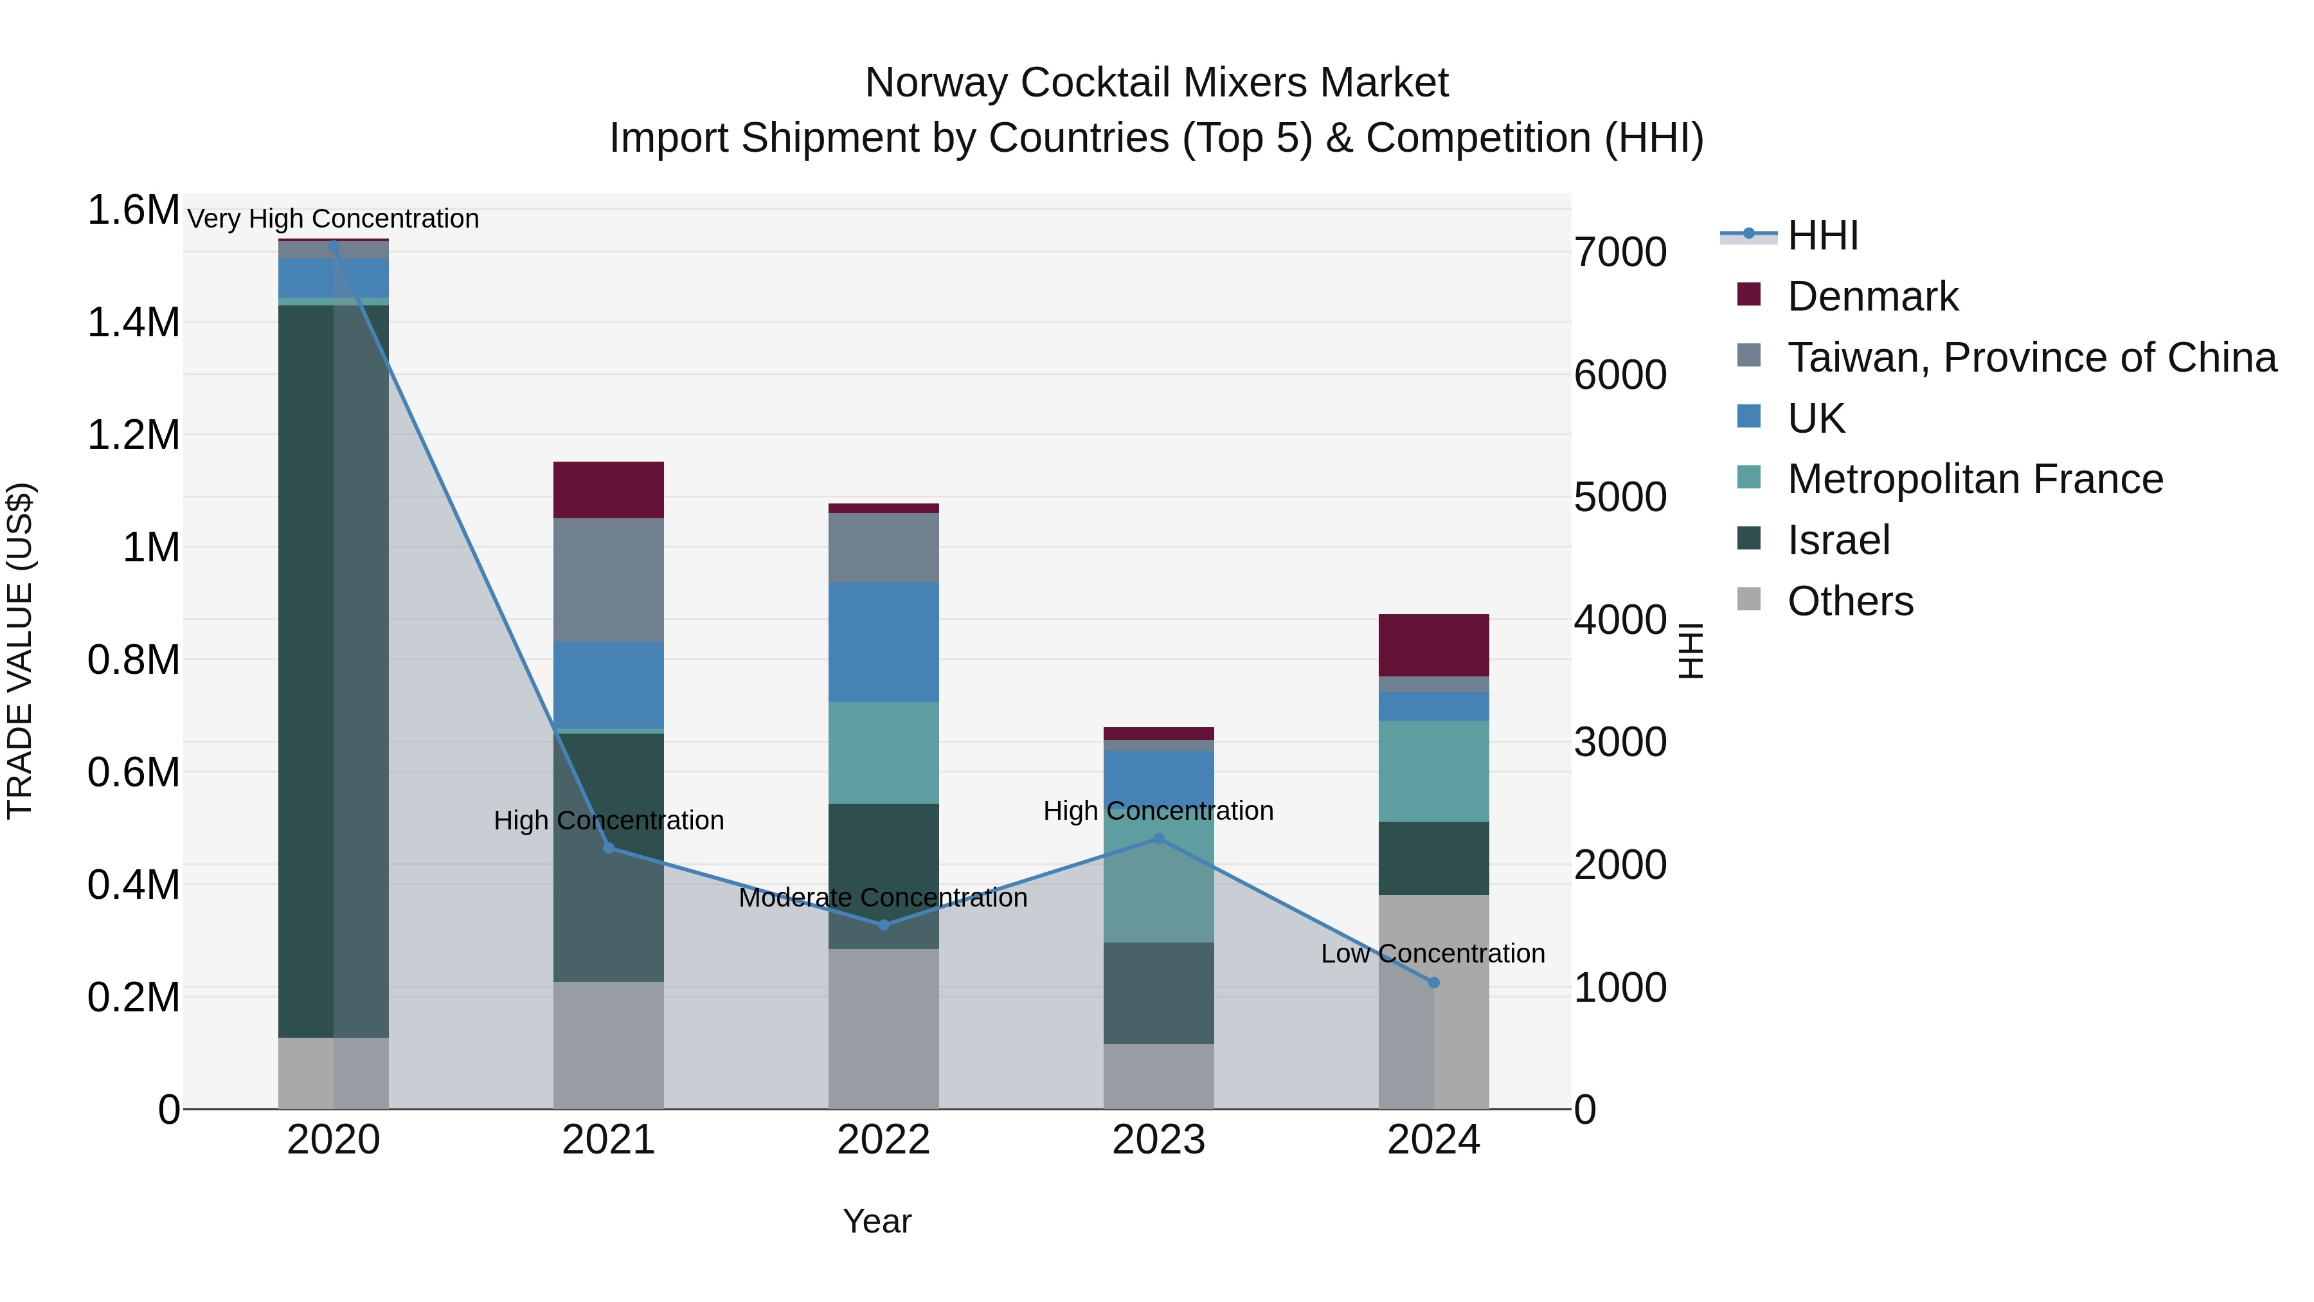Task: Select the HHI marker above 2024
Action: [1433, 983]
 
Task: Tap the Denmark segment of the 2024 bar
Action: [1433, 645]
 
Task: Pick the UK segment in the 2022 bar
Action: [883, 642]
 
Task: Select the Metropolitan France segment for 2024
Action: [1433, 771]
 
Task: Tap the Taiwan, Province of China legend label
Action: [2032, 357]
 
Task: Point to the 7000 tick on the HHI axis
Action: [1620, 253]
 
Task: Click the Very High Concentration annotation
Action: [333, 219]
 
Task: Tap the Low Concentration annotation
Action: [1433, 954]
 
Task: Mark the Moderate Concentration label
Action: [883, 898]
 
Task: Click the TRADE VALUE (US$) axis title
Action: [20, 651]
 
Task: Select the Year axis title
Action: [877, 1221]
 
